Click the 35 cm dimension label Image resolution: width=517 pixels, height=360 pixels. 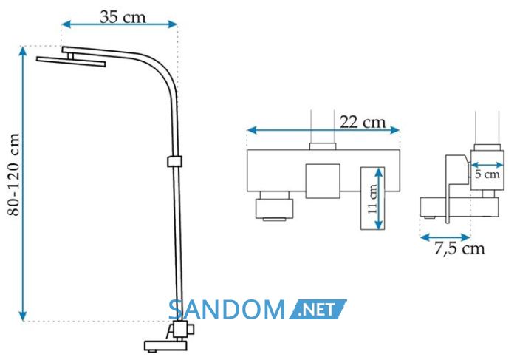tap(123, 17)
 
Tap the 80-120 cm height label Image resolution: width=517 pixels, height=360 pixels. tap(13, 174)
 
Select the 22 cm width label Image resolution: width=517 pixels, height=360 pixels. tap(363, 122)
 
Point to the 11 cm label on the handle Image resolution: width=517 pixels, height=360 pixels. tap(372, 199)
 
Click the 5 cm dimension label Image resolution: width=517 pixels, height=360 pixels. tap(487, 174)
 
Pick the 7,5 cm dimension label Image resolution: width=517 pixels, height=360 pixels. tap(459, 248)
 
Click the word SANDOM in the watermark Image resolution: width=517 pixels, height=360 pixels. tap(227, 310)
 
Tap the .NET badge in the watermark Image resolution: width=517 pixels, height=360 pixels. tap(318, 309)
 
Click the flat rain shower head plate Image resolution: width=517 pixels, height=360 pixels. tap(71, 61)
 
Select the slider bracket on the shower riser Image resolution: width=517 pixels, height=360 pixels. tap(174, 161)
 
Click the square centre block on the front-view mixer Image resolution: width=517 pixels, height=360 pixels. tap(323, 181)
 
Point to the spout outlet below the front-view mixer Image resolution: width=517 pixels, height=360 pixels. tap(274, 208)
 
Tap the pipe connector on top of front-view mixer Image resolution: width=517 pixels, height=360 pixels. tap(323, 146)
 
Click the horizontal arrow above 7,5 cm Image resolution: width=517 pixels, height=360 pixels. tap(445, 237)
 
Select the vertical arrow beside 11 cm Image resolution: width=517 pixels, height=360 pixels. tap(380, 198)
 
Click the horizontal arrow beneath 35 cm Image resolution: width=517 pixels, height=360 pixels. tap(120, 24)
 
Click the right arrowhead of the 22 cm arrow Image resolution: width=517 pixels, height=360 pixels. tap(395, 130)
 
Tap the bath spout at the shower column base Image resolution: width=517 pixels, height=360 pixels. tap(165, 345)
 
